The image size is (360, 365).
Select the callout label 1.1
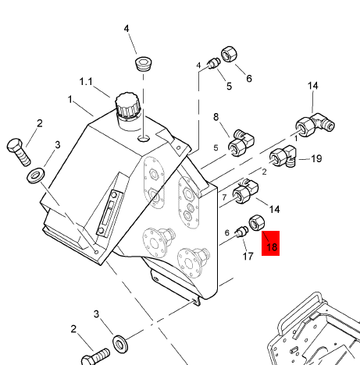(x=86, y=82)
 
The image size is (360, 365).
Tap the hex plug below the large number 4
(x=144, y=64)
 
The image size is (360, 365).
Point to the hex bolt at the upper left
(x=19, y=152)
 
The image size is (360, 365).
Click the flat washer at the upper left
(x=36, y=175)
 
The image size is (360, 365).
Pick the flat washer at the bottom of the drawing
(x=120, y=344)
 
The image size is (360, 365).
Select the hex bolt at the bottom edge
(x=96, y=357)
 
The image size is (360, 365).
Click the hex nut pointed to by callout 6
(x=230, y=54)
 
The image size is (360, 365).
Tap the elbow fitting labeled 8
(x=241, y=143)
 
